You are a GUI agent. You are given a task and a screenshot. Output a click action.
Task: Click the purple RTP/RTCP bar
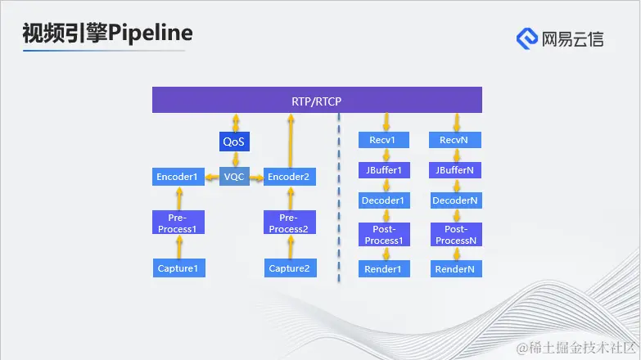pyautogui.click(x=317, y=101)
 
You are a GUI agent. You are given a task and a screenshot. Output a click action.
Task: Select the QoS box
pyautogui.click(x=234, y=142)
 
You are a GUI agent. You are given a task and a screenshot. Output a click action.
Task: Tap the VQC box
pyautogui.click(x=234, y=177)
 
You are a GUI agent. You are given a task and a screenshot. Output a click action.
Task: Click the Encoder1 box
pyautogui.click(x=178, y=177)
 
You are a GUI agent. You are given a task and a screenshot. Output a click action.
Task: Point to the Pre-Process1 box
pyautogui.click(x=178, y=223)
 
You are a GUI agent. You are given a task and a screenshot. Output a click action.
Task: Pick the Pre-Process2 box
pyautogui.click(x=289, y=223)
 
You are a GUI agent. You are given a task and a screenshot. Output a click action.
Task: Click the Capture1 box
pyautogui.click(x=178, y=268)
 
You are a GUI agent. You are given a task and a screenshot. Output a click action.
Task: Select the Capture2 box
pyautogui.click(x=289, y=268)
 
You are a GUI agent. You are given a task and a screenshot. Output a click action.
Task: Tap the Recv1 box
pyautogui.click(x=382, y=140)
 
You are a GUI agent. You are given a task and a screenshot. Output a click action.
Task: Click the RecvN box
pyautogui.click(x=456, y=140)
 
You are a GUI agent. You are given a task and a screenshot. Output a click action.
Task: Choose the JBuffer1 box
pyautogui.click(x=382, y=171)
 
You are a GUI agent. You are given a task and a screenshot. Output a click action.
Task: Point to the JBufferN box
pyautogui.click(x=456, y=171)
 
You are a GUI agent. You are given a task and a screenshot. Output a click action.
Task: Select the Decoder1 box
pyautogui.click(x=382, y=200)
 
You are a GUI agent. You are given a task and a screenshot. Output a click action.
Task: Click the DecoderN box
pyautogui.click(x=456, y=200)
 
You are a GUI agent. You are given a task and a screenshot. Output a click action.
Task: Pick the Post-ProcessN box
pyautogui.click(x=456, y=234)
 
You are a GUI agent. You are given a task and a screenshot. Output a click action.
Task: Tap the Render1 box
pyautogui.click(x=382, y=268)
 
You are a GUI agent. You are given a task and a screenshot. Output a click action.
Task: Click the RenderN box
pyautogui.click(x=456, y=268)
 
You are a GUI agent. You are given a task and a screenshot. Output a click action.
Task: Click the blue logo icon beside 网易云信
pyautogui.click(x=527, y=38)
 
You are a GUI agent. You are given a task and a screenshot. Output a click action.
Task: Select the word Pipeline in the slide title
pyautogui.click(x=151, y=33)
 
